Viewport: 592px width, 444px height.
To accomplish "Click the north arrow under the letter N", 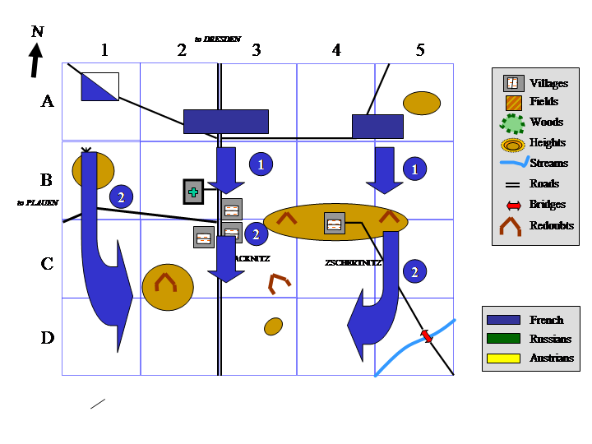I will click(x=35, y=60).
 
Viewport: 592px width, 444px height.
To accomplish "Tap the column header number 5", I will click(x=420, y=50).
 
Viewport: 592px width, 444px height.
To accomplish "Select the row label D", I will click(x=48, y=338).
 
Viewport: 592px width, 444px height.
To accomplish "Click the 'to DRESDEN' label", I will click(x=218, y=39).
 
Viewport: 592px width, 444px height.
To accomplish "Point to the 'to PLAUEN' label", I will click(x=37, y=201).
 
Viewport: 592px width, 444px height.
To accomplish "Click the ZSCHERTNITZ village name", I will click(x=353, y=262).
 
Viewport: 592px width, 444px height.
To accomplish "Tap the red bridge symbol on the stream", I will click(x=426, y=335).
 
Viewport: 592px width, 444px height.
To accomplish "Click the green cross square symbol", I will click(x=193, y=192).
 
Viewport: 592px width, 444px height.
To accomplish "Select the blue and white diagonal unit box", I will click(x=99, y=86).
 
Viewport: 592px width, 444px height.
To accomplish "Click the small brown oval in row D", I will click(x=274, y=326).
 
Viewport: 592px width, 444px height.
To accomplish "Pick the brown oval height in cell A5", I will click(x=422, y=103).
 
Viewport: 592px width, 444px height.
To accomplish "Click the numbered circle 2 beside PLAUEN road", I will click(x=121, y=197).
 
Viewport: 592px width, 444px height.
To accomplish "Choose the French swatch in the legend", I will click(x=503, y=320).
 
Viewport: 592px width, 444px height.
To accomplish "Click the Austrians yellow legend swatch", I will click(x=503, y=358).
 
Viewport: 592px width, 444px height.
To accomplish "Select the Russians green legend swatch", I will click(x=503, y=339).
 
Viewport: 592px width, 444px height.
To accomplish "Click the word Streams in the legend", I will click(x=549, y=164).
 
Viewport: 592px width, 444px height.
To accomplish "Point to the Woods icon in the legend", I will click(x=513, y=123).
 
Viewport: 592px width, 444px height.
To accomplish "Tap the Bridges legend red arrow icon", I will click(x=513, y=205).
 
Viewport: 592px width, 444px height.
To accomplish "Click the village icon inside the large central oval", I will click(x=334, y=223).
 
